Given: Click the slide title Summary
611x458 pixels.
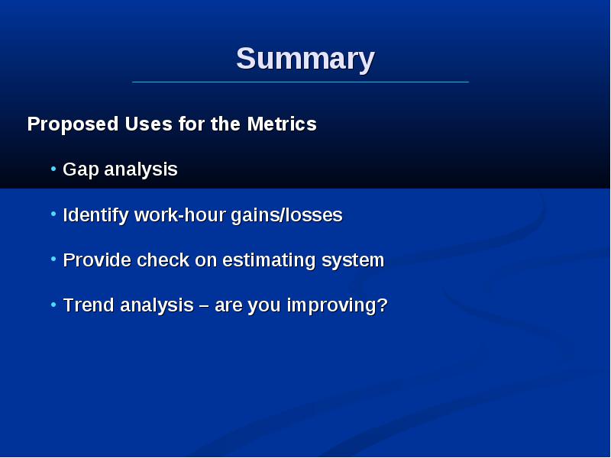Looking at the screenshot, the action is click(305, 60).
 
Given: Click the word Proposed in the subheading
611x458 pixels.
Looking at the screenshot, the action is click(73, 124).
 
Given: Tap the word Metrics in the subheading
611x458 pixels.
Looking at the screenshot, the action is click(282, 124).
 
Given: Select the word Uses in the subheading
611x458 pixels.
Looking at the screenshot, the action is click(148, 124).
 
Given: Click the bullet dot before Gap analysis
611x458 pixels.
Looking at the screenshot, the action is click(53, 169).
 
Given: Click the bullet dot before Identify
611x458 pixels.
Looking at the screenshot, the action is click(53, 214).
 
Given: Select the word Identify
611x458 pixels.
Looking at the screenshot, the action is click(95, 215).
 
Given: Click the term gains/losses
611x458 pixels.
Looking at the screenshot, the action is click(287, 215).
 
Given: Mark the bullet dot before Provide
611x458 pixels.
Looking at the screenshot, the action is click(53, 259).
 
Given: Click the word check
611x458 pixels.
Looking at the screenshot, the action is click(163, 260).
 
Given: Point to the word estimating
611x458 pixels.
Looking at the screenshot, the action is click(269, 260).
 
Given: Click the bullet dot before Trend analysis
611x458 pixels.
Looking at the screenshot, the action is click(53, 305).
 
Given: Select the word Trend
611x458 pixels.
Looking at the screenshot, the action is click(89, 305).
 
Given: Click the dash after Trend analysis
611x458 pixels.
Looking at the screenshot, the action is click(204, 306).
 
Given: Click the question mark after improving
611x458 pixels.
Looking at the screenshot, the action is click(383, 305).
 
